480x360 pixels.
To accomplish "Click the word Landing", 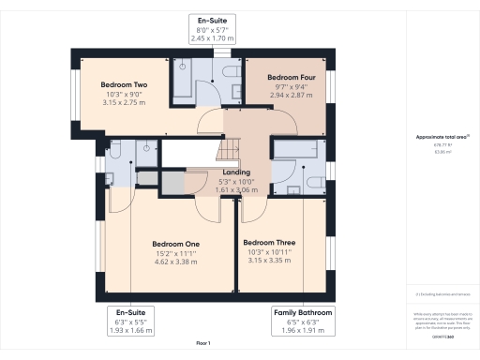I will click(x=235, y=172).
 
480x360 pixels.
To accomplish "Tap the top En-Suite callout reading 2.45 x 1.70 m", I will click(x=213, y=30).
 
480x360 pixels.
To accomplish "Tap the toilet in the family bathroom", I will click(x=293, y=188).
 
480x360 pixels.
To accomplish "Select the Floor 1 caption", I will click(x=202, y=343).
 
